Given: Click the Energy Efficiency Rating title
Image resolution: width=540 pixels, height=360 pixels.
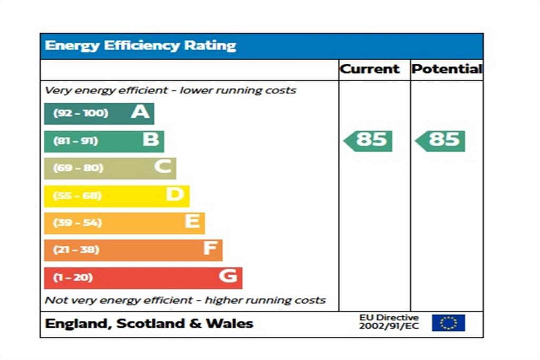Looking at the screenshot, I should [140, 46].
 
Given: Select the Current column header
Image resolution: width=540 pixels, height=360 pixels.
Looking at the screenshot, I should [370, 69].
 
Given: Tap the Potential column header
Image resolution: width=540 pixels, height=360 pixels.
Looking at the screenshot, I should [447, 69].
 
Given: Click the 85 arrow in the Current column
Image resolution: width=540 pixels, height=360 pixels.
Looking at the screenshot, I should [369, 140].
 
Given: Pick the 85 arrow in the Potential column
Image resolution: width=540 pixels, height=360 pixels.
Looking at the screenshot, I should [441, 140].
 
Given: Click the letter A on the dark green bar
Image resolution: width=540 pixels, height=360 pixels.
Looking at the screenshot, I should [140, 112].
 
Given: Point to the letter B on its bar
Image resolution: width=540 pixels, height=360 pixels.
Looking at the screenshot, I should [150, 140].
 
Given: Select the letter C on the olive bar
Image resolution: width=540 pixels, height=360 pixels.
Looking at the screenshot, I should [163, 168].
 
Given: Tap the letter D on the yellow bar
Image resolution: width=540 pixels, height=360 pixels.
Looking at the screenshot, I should [175, 195].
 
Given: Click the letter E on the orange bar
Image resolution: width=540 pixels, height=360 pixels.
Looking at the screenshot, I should [192, 222].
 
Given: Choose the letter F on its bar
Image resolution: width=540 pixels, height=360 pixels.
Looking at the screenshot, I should [210, 249].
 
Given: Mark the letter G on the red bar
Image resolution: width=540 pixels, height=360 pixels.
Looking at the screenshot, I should [228, 276].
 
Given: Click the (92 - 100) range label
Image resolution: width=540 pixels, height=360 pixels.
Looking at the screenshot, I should [80, 113].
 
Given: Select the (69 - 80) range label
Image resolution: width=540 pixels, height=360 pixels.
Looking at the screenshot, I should [78, 168].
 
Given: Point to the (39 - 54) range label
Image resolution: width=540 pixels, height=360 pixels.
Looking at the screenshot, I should [78, 222].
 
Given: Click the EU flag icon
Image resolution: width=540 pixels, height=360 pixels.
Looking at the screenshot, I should [448, 323].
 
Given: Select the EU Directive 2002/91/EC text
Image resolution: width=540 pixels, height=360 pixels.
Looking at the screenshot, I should [389, 322].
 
